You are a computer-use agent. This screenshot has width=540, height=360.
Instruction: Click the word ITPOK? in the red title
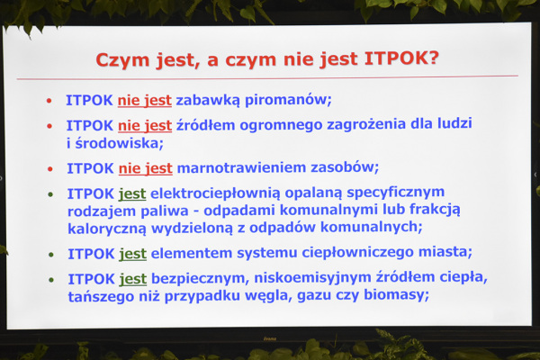[x=401, y=58]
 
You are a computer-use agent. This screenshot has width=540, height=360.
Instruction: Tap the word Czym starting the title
[x=123, y=61]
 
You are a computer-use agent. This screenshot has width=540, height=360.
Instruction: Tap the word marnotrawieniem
[x=241, y=167]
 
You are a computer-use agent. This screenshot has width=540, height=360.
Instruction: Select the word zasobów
[x=345, y=167]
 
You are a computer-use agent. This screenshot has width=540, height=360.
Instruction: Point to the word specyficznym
[x=395, y=193]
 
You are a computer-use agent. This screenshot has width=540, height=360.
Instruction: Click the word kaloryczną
[x=107, y=229]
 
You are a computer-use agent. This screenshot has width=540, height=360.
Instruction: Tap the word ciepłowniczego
[x=357, y=253]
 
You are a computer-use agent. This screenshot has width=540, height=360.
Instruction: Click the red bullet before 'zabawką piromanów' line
[x=49, y=101]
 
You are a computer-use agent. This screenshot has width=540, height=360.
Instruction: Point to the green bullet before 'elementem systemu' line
[x=51, y=255]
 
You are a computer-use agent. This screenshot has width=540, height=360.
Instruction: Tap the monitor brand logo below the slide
[x=270, y=338]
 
